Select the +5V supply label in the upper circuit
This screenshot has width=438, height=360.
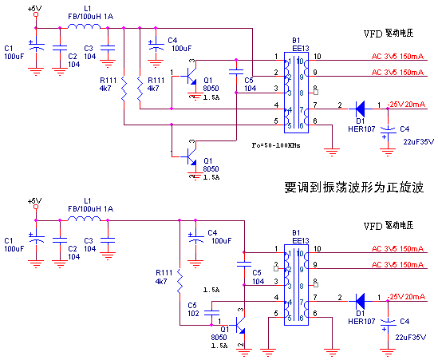pyautogui.click(x=35, y=9)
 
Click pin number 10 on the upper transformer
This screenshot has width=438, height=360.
pyautogui.click(x=318, y=57)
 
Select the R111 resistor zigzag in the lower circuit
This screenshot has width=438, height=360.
pyautogui.click(x=180, y=284)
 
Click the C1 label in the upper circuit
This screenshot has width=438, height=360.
pyautogui.click(x=9, y=47)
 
